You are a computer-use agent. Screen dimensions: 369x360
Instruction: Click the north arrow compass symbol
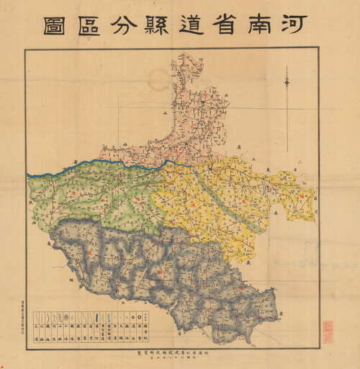[x=287, y=83]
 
